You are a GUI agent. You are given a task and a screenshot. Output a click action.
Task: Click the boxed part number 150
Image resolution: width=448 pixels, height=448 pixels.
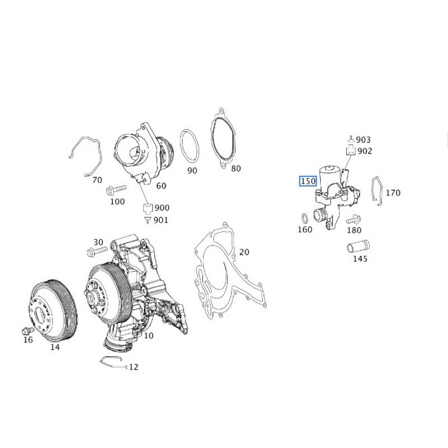pyautogui.click(x=308, y=181)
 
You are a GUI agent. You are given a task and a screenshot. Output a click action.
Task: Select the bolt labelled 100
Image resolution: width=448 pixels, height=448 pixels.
pyautogui.click(x=116, y=189)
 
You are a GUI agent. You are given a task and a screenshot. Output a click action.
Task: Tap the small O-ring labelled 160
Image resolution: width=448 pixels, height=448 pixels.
pyautogui.click(x=305, y=219)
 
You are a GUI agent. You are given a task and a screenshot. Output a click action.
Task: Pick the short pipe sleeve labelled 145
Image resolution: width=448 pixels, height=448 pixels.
pyautogui.click(x=358, y=246)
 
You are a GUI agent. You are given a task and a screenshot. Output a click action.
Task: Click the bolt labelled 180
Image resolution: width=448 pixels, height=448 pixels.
pyautogui.click(x=353, y=220)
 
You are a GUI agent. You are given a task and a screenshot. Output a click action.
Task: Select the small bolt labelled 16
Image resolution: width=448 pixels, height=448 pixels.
pyautogui.click(x=27, y=331)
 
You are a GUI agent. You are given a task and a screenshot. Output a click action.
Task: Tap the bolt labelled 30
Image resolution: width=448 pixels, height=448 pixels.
pyautogui.click(x=97, y=251)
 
